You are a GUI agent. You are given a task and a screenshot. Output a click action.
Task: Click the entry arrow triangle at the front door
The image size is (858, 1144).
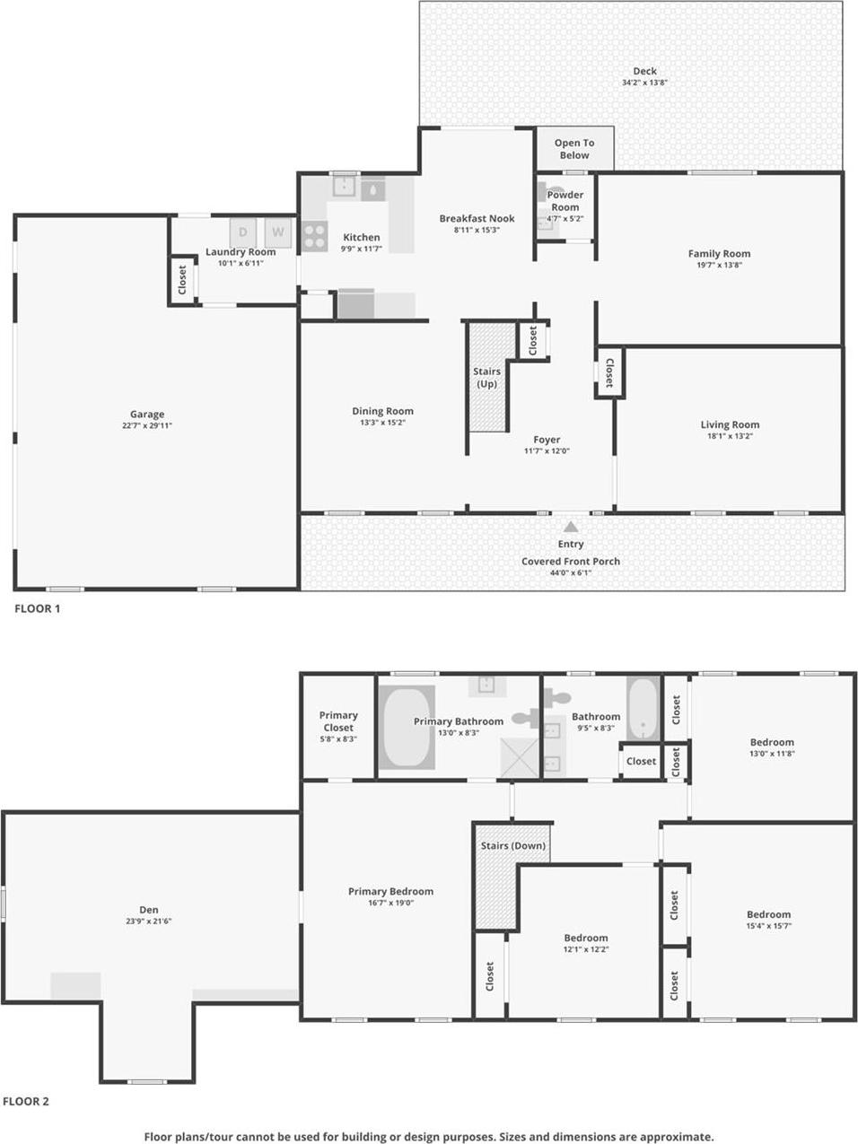point(571,527)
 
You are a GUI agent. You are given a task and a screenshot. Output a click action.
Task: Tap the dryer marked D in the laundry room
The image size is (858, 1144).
point(242,232)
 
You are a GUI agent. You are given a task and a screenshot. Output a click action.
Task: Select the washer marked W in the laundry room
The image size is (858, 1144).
point(278,232)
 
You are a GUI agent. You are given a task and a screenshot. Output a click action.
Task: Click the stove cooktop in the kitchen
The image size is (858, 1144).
point(314,236)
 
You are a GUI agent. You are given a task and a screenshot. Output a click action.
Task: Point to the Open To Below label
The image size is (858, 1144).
point(574,149)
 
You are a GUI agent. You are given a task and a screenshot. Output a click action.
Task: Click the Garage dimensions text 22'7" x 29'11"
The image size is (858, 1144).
point(147,426)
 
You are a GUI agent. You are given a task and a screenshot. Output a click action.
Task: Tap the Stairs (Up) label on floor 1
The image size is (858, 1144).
point(486,378)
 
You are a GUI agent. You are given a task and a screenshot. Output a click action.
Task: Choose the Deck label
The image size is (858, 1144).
point(644,71)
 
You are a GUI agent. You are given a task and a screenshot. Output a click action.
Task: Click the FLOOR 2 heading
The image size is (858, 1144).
point(26,1101)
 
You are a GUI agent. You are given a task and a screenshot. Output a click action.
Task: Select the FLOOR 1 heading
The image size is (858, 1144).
point(37,608)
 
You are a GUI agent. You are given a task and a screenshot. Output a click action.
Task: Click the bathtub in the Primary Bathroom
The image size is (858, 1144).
point(407,728)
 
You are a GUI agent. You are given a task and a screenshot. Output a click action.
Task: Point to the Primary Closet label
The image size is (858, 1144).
point(338,721)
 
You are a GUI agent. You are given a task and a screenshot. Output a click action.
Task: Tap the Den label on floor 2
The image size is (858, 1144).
point(149,910)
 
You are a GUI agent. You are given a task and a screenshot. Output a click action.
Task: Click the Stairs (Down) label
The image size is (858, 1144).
point(513,846)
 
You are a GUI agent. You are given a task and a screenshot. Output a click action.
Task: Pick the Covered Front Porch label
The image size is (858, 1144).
point(571,562)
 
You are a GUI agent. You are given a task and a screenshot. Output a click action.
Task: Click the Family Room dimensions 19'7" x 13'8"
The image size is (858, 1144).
point(719,266)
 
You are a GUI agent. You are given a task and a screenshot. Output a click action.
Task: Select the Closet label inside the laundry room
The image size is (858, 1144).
point(183,280)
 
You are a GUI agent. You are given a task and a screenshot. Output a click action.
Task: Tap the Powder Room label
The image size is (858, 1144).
point(565,201)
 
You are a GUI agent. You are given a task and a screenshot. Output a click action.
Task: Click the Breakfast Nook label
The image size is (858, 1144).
point(477,218)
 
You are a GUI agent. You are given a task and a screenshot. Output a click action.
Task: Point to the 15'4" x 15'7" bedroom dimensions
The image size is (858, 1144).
point(768,926)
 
